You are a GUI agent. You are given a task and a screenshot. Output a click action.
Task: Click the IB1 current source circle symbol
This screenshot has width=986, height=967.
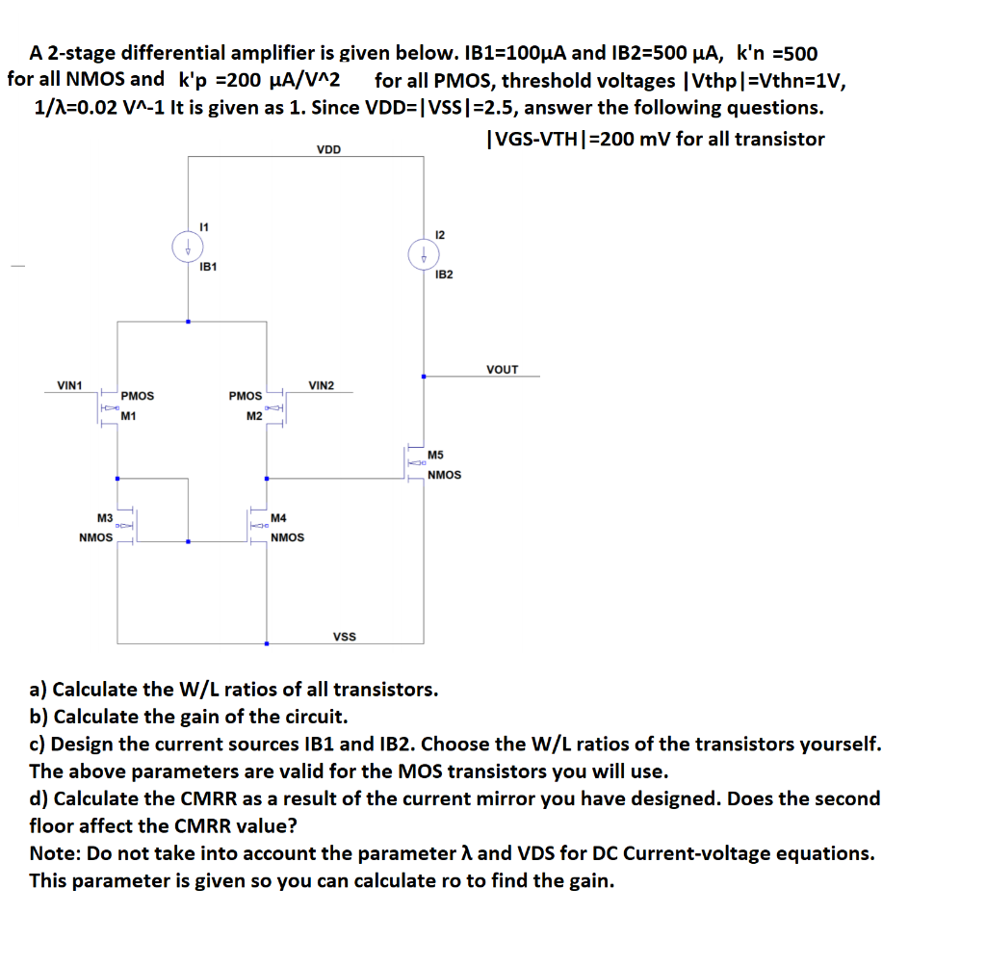(187, 248)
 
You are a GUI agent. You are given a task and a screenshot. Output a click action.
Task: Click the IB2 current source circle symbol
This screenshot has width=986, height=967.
(423, 255)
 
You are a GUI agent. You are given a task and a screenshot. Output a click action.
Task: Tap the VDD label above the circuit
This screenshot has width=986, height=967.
(328, 149)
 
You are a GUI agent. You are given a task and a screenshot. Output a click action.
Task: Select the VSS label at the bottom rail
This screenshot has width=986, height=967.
(344, 637)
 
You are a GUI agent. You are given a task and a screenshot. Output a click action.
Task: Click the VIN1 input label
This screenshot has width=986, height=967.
(70, 385)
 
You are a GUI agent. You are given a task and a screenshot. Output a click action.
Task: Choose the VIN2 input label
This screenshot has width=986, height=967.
(321, 385)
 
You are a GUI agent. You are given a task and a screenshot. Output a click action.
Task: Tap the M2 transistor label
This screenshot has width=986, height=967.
(254, 415)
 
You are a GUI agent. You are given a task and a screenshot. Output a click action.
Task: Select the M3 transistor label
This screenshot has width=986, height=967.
(105, 518)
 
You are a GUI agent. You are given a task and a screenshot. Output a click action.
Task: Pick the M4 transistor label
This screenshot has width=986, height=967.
(279, 518)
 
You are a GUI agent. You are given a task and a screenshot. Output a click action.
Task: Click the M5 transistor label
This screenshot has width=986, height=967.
(435, 455)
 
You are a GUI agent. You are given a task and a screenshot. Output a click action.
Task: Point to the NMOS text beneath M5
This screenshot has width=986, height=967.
(444, 474)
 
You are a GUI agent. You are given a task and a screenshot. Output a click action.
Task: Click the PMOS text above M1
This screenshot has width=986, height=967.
(138, 396)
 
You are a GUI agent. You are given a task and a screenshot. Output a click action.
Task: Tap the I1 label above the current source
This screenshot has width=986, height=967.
(202, 226)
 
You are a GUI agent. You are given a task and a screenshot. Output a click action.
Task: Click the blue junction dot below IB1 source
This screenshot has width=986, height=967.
(188, 322)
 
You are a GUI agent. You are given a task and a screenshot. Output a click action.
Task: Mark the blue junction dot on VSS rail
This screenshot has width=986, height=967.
(267, 643)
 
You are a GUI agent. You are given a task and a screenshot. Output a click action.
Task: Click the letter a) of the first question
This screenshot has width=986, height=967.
(39, 690)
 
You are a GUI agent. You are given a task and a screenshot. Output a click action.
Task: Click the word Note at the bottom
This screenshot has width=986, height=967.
(54, 853)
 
